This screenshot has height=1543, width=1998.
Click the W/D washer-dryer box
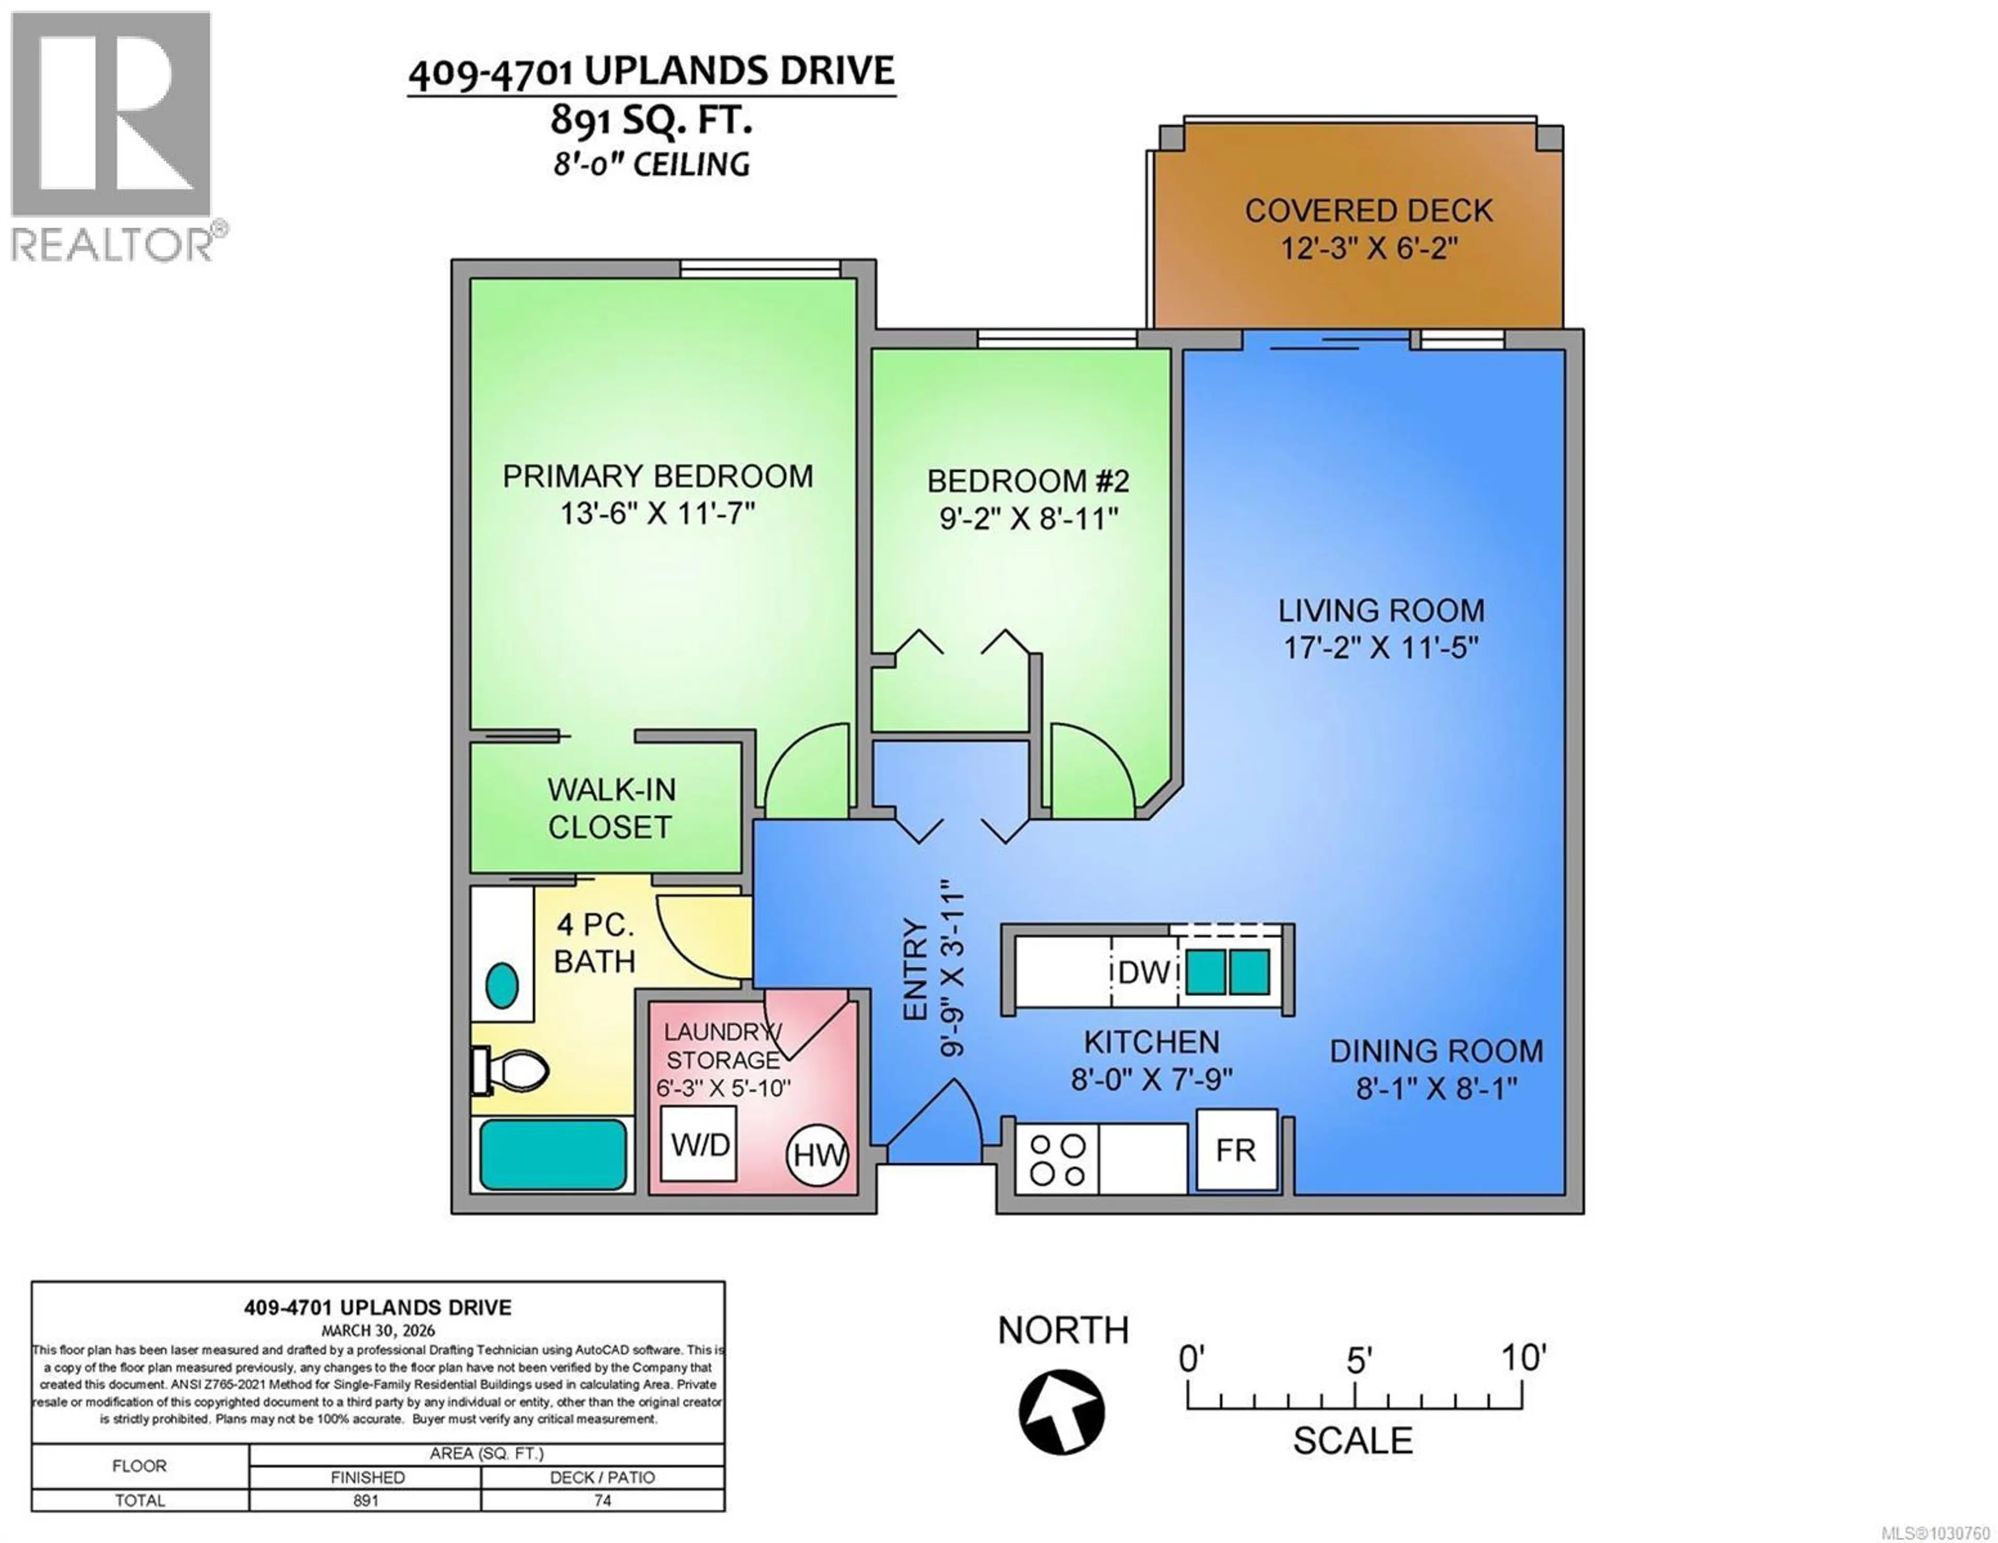[699, 1143]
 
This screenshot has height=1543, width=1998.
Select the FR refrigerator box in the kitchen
[1236, 1150]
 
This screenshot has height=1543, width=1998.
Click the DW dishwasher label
[1144, 973]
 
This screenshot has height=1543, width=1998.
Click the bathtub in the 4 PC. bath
[553, 1155]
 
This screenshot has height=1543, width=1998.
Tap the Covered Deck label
[1368, 211]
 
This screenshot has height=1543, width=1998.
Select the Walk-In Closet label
[610, 808]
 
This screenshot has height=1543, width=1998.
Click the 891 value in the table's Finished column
[366, 1500]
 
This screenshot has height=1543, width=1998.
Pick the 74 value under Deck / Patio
[602, 1500]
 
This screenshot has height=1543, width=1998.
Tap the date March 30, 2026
[378, 1331]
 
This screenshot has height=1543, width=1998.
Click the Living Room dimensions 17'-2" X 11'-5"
[1380, 647]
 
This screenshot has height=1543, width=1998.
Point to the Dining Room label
[1436, 1051]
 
